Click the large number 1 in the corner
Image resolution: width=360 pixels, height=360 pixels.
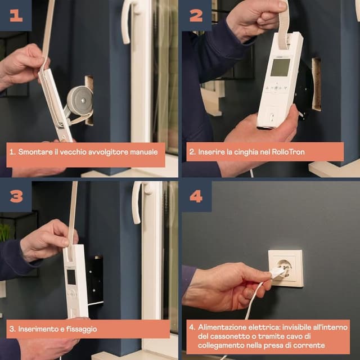(16, 16)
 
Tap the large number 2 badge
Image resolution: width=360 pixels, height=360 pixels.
(196, 16)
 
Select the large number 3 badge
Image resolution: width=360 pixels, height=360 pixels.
(16, 196)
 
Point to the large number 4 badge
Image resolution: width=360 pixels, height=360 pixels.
(196, 196)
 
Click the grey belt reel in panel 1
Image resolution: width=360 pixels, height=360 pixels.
(80, 101)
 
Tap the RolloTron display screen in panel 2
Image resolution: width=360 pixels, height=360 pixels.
(280, 67)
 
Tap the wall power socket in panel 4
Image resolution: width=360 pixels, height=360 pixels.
(286, 269)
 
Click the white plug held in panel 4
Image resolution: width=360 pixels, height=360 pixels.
(277, 273)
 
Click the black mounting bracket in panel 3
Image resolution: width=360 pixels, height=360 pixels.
(95, 281)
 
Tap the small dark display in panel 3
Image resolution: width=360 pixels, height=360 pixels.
(71, 277)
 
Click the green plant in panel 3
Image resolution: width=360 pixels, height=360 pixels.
(5, 232)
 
